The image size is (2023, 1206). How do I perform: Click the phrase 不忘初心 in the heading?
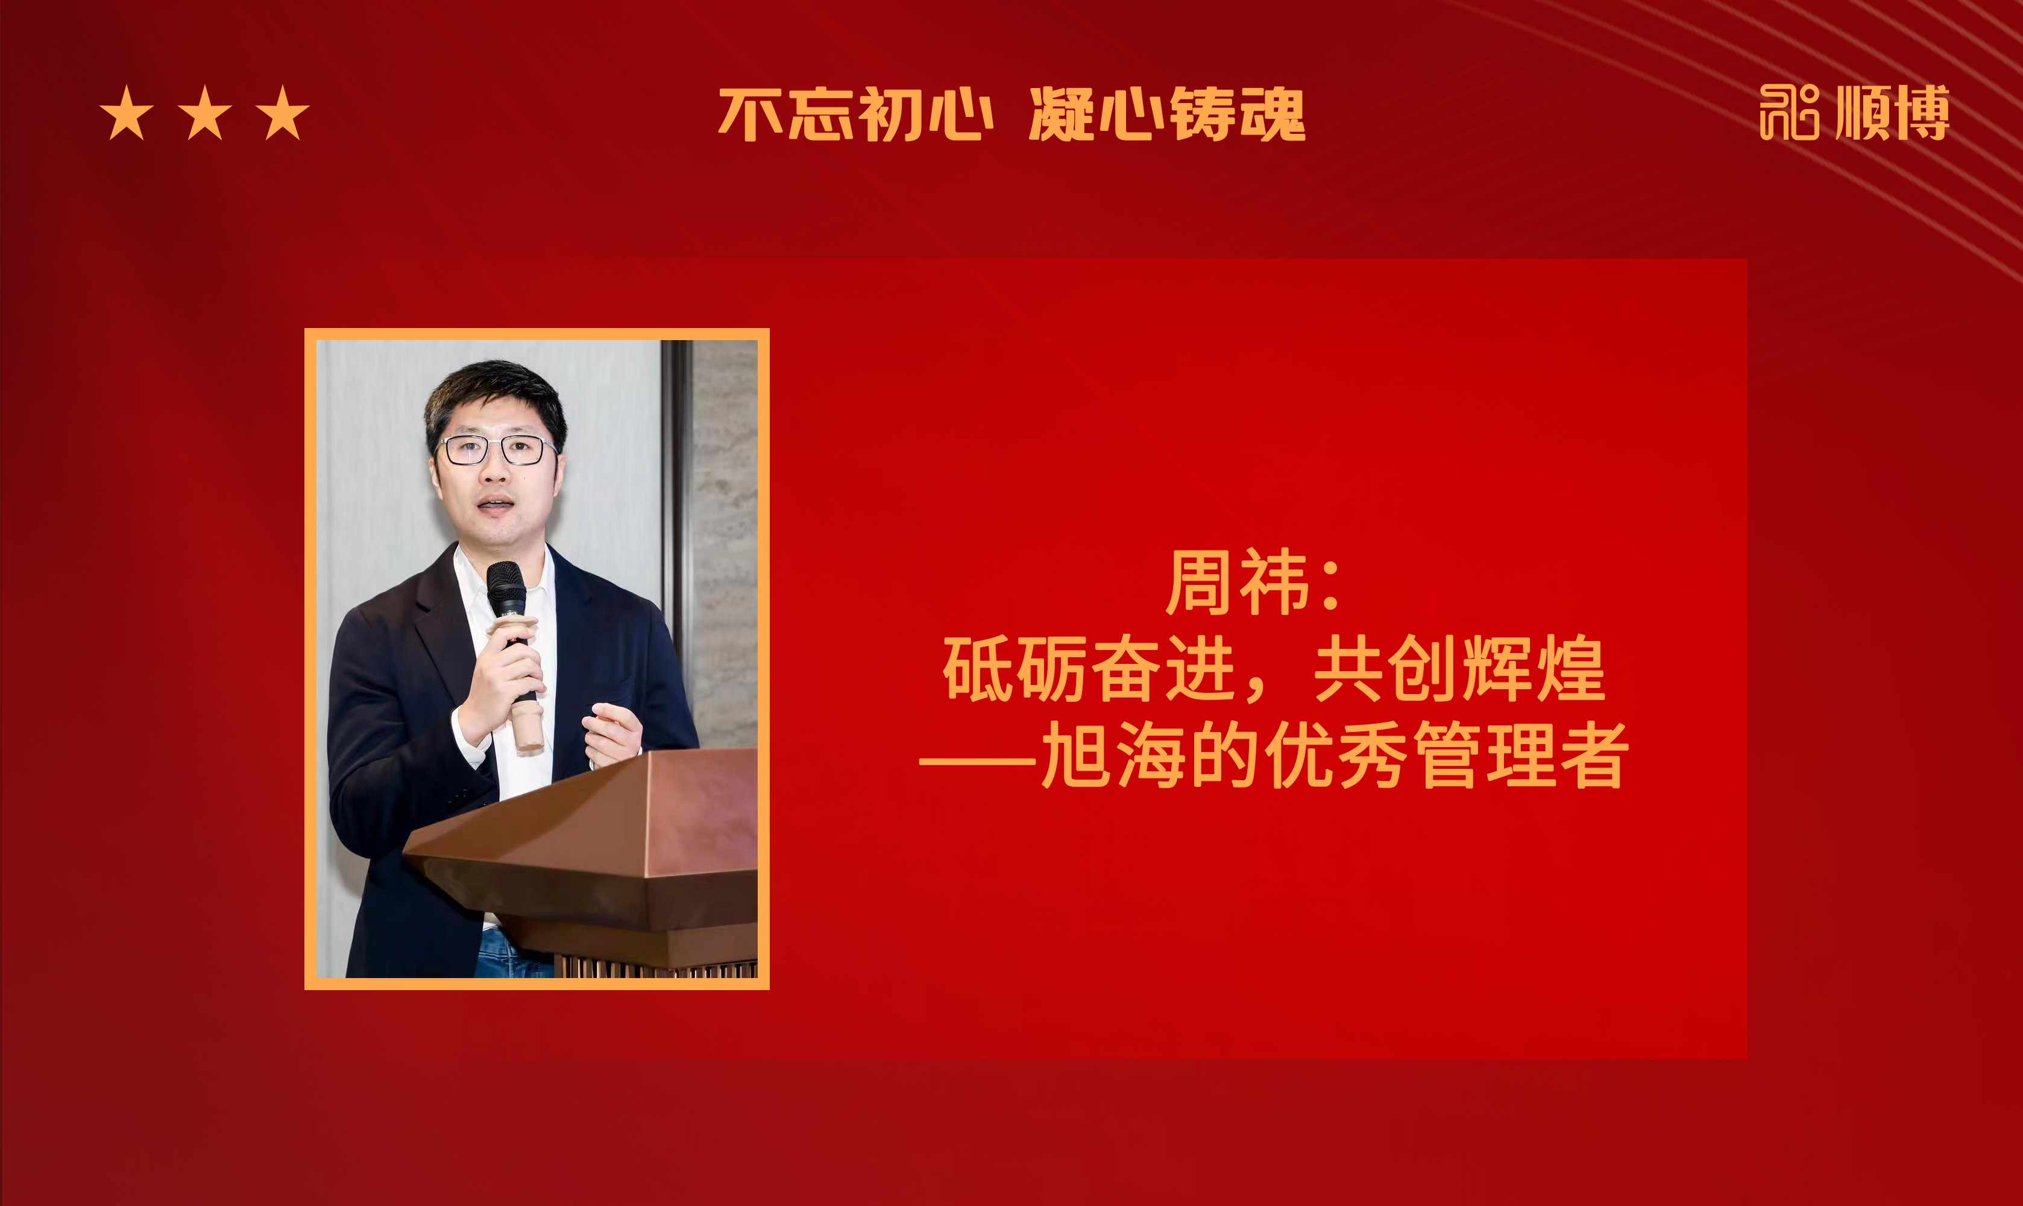(x=855, y=115)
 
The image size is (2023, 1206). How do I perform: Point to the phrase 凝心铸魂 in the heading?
(x=1168, y=115)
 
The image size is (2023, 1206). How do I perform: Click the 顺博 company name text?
(x=1892, y=112)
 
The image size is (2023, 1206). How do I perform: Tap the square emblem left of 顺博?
(x=1789, y=112)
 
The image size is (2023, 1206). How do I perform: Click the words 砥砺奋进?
(x=1090, y=668)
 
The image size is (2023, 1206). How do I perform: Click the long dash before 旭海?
(x=977, y=763)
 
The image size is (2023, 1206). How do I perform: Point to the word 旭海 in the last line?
(x=1112, y=755)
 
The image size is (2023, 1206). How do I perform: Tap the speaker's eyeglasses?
(x=495, y=449)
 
